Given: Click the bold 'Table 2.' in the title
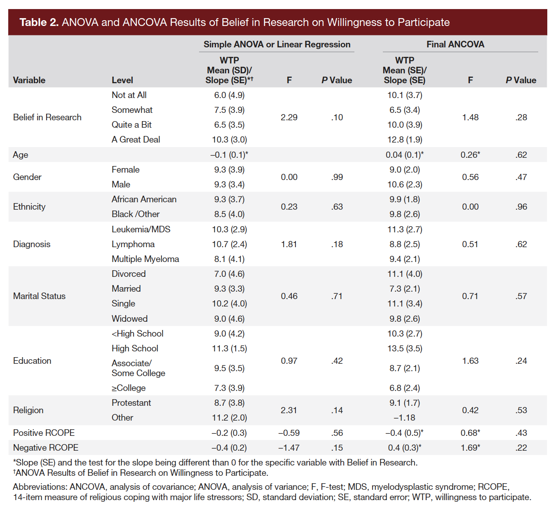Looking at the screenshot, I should click(39, 22).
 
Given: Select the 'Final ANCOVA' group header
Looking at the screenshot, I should click(455, 44).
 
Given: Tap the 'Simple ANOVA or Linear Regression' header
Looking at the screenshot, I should click(277, 44).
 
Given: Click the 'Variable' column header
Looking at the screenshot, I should click(29, 80).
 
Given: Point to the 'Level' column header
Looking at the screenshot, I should click(122, 80).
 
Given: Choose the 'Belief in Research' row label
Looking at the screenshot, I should click(47, 117).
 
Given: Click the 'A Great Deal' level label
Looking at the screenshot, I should click(136, 140).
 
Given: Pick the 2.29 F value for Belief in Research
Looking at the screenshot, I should click(289, 117).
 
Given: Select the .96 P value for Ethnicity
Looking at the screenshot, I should click(521, 207).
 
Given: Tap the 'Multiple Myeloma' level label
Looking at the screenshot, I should click(145, 259).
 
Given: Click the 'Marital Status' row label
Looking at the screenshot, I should click(39, 296).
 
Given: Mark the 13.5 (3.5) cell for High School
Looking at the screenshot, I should click(404, 349).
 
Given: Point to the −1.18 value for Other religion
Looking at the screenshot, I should click(404, 418).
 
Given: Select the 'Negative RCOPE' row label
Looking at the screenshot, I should click(46, 448).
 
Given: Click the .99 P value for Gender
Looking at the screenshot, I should click(337, 177).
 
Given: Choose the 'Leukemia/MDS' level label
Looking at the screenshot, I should click(141, 229).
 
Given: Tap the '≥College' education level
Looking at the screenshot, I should click(129, 388).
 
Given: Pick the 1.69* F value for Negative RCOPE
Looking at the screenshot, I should click(470, 448).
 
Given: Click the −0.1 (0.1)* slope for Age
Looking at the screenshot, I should click(229, 155).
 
